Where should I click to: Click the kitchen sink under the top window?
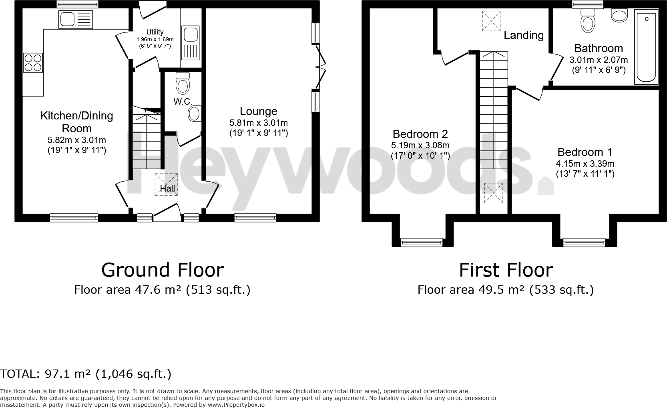(x=75, y=19)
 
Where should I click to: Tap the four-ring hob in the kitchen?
(x=33, y=63)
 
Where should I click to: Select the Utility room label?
(x=155, y=32)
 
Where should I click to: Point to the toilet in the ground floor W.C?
(x=183, y=84)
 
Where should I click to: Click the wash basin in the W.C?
(x=195, y=114)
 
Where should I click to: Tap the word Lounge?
(x=258, y=111)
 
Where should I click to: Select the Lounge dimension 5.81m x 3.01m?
(x=258, y=123)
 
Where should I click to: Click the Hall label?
(x=167, y=188)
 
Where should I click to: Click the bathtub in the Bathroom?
(x=646, y=47)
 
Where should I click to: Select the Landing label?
(x=523, y=35)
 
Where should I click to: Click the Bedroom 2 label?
(x=420, y=134)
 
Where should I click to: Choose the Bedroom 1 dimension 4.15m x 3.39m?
(x=585, y=164)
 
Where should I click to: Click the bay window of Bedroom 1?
(x=584, y=241)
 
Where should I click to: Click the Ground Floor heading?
(x=162, y=270)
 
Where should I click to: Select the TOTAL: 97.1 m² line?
(x=86, y=374)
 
